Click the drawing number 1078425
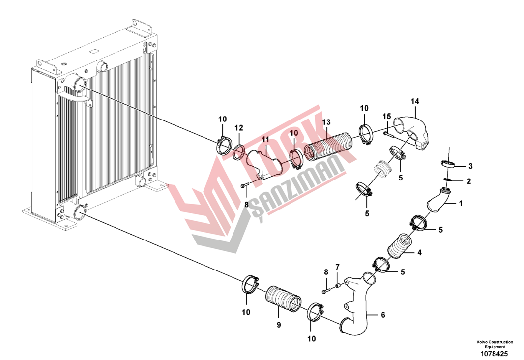point(494,354)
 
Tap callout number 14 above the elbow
point(415,101)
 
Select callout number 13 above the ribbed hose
point(326,122)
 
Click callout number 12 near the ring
point(239,128)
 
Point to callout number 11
point(265,139)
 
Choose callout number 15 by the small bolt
point(387,117)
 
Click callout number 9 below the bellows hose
point(279,325)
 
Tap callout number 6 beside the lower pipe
point(383,315)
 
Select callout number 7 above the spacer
point(337,267)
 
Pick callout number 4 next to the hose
point(419,253)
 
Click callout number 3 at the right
point(470,166)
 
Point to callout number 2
point(469,181)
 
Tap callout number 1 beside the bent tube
point(461,203)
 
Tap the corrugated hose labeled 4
point(400,248)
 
